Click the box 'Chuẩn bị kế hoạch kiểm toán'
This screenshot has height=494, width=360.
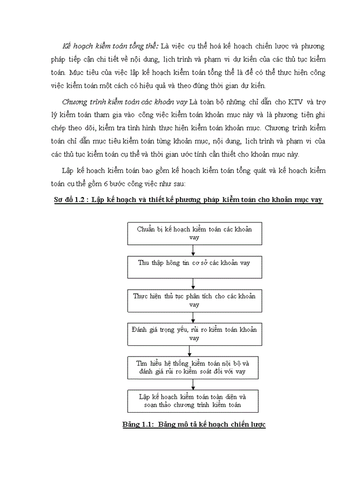coord(194,233)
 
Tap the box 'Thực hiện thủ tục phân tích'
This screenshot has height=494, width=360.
coord(194,301)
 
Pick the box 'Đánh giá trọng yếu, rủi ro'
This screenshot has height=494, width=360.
coord(194,334)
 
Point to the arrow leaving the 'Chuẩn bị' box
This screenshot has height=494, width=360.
coord(193,250)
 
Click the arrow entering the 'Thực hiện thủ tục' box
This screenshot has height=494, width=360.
coord(193,284)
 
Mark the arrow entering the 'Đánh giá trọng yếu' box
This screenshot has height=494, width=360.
coord(193,317)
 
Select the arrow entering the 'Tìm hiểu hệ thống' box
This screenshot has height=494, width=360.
coord(190,350)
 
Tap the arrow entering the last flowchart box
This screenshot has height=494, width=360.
coord(193,384)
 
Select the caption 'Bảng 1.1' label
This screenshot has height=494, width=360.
coord(137,425)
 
